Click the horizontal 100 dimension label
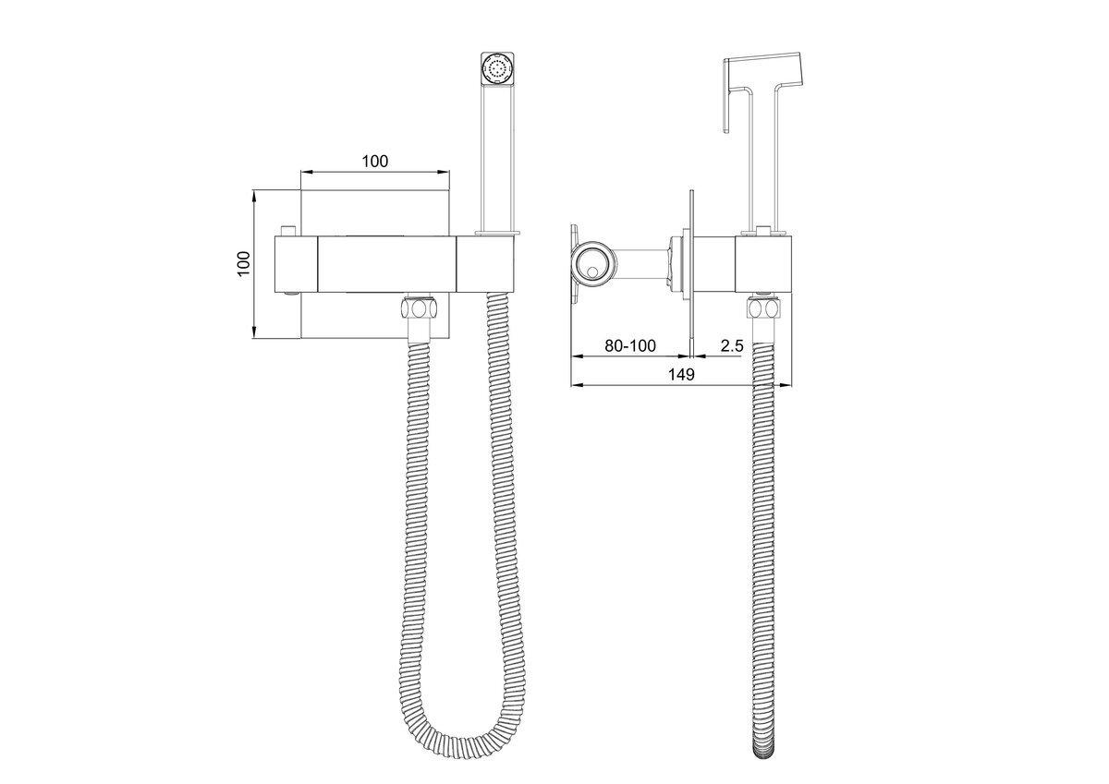click(x=375, y=162)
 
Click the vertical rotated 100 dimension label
click(x=244, y=263)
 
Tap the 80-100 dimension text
click(x=629, y=345)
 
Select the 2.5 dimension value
click(x=732, y=345)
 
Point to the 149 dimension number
click(x=681, y=374)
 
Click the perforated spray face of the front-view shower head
click(x=497, y=68)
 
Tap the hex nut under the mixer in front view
click(x=419, y=308)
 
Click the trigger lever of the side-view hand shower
click(x=728, y=96)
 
